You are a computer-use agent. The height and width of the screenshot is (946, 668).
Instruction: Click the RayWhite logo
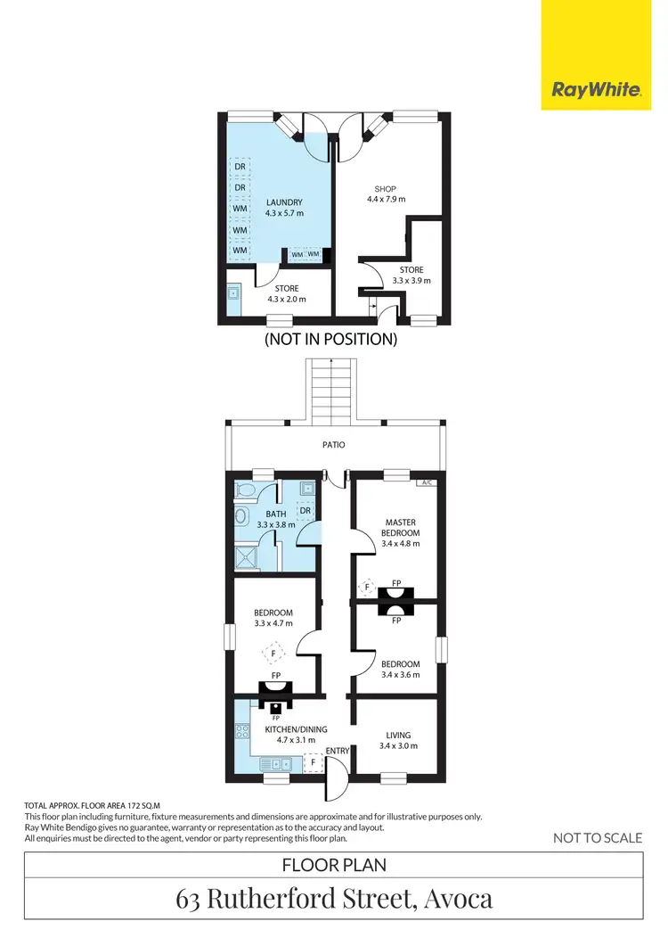pyautogui.click(x=596, y=90)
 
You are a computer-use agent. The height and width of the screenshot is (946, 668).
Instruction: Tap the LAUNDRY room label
pyautogui.click(x=284, y=202)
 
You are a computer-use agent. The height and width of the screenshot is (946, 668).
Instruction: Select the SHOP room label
pyautogui.click(x=385, y=189)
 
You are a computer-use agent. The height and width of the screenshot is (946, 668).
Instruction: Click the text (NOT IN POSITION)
pyautogui.click(x=330, y=340)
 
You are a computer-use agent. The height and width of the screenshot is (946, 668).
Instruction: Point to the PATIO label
pyautogui.click(x=334, y=444)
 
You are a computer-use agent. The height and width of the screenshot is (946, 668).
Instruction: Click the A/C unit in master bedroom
pyautogui.click(x=426, y=482)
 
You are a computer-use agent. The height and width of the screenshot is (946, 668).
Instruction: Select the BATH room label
pyautogui.click(x=275, y=514)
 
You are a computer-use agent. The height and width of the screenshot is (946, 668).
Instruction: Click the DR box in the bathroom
pyautogui.click(x=305, y=511)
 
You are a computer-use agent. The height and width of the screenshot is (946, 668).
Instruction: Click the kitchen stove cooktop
pyautogui.click(x=242, y=731)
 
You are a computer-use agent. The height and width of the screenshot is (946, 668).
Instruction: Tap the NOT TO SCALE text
pyautogui.click(x=597, y=837)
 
